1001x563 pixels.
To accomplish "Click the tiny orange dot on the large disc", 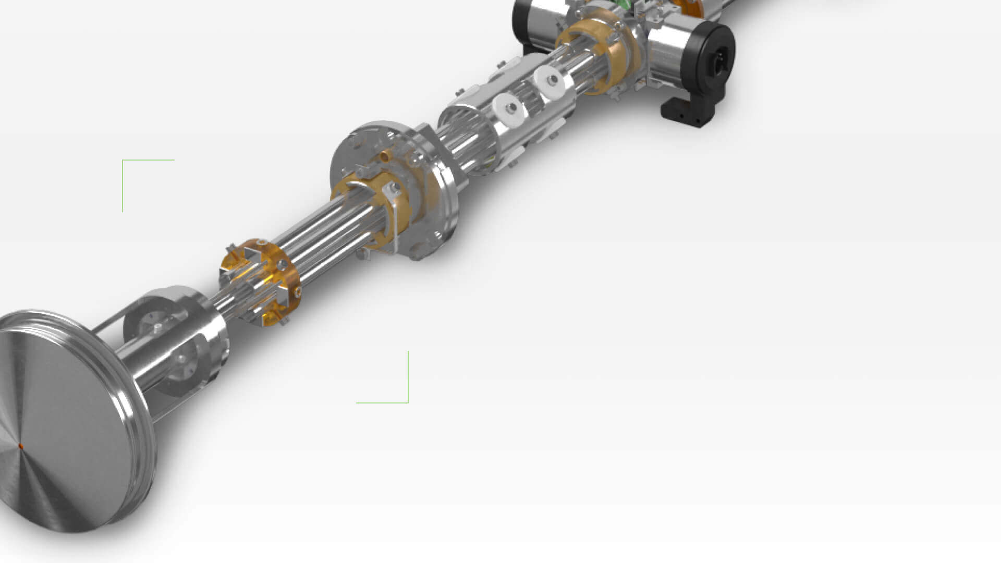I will coord(21,447).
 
